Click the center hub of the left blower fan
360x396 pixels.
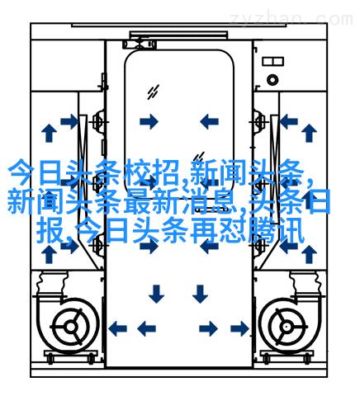pyautogui.click(x=71, y=327)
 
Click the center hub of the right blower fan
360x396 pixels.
pyautogui.click(x=287, y=327)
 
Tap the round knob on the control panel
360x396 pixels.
pyautogui.click(x=272, y=80)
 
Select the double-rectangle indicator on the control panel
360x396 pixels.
pyautogui.click(x=272, y=61)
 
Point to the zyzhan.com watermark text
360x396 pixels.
pyautogui.click(x=291, y=19)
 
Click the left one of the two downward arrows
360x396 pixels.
pyautogui.click(x=156, y=294)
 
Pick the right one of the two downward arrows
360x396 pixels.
pyautogui.click(x=200, y=294)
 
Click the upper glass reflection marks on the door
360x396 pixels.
pyautogui.click(x=153, y=92)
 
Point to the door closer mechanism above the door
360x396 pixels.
pyautogui.click(x=140, y=44)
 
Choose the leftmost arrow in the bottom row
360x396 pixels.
pyautogui.click(x=117, y=328)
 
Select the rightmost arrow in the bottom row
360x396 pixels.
pyautogui.click(x=239, y=328)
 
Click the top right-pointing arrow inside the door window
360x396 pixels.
pyautogui.click(x=149, y=121)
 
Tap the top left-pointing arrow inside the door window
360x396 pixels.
pyautogui.click(x=209, y=121)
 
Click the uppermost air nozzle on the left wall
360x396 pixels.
pyautogui.click(x=99, y=121)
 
